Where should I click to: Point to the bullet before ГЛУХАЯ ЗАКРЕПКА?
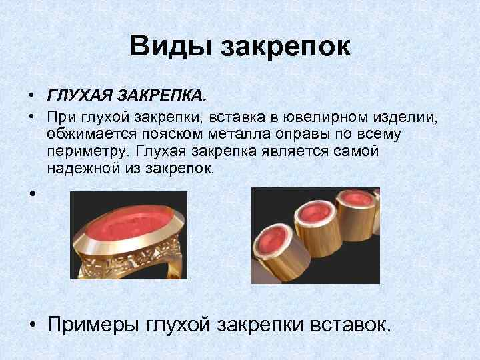[31, 97]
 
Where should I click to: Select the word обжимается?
[91, 135]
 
